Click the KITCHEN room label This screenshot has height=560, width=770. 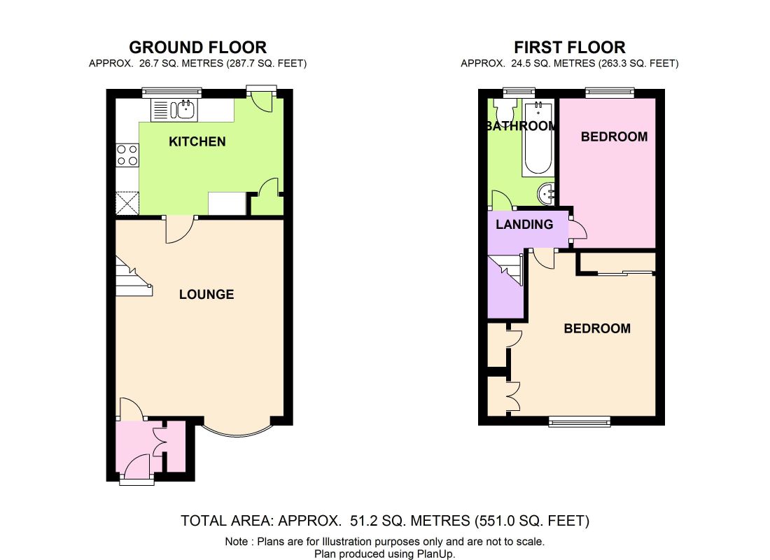(x=197, y=141)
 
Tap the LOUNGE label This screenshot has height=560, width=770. (x=206, y=294)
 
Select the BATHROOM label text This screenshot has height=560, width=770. (x=521, y=126)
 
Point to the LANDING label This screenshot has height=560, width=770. (x=524, y=225)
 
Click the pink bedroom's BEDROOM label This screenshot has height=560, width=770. (x=614, y=136)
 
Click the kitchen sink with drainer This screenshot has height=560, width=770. (x=174, y=110)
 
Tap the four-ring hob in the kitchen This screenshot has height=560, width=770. (x=127, y=155)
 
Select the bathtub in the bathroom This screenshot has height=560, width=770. (x=538, y=137)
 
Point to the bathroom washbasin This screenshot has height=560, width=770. (x=546, y=194)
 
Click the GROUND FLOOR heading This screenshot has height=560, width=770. (x=198, y=47)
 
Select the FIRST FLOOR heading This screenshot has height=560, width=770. (x=570, y=47)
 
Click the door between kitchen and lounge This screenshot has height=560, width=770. (x=181, y=229)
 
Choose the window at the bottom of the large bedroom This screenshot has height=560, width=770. (x=580, y=421)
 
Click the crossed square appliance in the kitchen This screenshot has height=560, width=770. (x=127, y=204)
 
